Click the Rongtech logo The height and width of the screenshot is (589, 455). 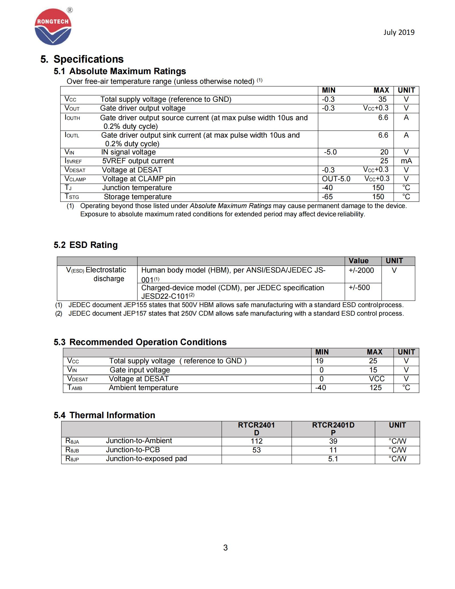click(53, 27)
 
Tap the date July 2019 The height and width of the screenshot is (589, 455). click(399, 32)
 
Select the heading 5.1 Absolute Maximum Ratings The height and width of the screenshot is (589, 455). click(120, 71)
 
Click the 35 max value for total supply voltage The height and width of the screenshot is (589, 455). click(382, 100)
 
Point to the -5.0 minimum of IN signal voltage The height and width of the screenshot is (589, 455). click(330, 152)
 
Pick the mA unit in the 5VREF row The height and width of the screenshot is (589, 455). click(406, 161)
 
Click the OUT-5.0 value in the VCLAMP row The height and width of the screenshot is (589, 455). click(336, 179)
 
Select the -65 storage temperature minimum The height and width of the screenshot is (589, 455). click(327, 197)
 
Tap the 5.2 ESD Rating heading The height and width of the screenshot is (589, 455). click(85, 245)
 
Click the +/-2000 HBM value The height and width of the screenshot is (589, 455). click(361, 270)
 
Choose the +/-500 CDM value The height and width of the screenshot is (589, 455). click(359, 288)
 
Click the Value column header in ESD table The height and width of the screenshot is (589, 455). click(358, 261)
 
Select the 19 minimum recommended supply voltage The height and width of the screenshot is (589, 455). click(319, 361)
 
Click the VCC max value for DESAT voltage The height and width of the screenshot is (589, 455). click(376, 379)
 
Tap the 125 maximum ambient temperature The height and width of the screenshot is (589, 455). click(375, 388)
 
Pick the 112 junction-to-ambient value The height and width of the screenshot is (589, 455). click(256, 441)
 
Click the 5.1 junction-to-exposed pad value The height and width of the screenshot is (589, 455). click(333, 459)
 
